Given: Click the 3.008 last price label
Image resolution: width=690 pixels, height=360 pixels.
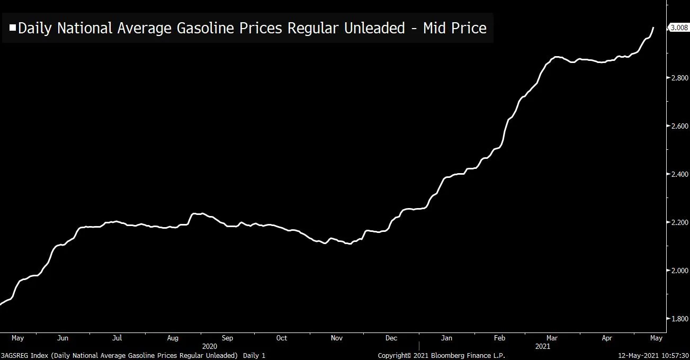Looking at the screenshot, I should click(x=678, y=28).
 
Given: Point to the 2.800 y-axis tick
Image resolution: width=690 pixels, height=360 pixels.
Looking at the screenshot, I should click(x=678, y=78).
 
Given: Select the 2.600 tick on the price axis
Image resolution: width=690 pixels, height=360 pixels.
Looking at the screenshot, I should click(x=678, y=126).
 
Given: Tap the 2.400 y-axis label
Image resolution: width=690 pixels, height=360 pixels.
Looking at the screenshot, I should click(x=678, y=174).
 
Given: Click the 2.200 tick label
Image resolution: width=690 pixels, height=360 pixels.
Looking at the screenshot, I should click(x=678, y=222).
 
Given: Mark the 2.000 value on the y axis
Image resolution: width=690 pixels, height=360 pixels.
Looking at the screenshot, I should click(x=678, y=271).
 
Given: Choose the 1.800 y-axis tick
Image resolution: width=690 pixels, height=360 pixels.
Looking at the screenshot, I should click(x=678, y=319).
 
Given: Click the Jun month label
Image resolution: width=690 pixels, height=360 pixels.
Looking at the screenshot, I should click(x=62, y=338).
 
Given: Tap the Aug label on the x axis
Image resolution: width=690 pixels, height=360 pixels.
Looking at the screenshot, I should click(x=173, y=338).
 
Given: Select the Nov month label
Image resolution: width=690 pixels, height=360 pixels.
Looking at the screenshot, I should click(x=337, y=338).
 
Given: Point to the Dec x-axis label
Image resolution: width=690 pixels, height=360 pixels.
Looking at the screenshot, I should click(x=391, y=338).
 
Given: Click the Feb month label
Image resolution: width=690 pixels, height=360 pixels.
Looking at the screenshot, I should click(x=499, y=338).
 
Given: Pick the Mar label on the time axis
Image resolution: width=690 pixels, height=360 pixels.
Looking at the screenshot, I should click(x=552, y=338).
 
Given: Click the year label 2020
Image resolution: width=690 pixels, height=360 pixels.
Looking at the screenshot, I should click(x=209, y=346).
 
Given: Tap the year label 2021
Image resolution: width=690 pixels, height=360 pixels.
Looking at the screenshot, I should click(x=542, y=346).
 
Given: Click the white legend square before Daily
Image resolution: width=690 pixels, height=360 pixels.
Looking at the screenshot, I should click(x=13, y=28).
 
